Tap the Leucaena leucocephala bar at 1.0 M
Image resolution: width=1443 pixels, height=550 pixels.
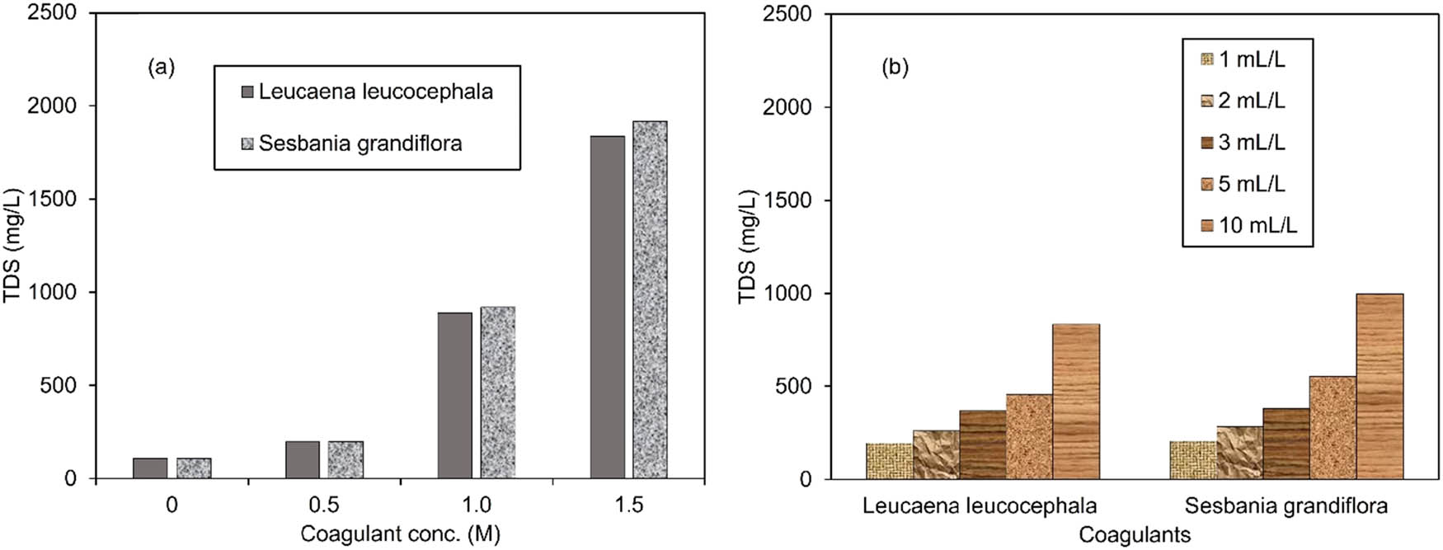[x=454, y=395]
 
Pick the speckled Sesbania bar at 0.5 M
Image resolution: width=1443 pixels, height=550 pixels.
[x=345, y=459]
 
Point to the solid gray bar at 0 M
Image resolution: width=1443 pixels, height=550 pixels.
[x=150, y=468]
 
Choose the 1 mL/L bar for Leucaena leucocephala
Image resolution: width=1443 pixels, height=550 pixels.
[x=889, y=461]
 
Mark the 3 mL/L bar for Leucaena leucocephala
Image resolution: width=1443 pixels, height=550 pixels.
[x=982, y=444]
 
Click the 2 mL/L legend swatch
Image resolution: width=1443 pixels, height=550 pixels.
[x=1207, y=101]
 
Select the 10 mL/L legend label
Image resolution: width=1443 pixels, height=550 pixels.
[x=1257, y=225]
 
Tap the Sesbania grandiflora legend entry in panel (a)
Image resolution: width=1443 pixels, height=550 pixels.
[x=360, y=143]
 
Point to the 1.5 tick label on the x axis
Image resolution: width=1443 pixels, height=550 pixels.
[x=628, y=505]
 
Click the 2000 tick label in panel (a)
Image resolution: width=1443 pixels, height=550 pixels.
[x=51, y=106]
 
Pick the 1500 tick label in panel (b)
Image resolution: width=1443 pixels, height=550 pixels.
[x=787, y=200]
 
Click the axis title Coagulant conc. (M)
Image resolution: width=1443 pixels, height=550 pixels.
[x=400, y=534]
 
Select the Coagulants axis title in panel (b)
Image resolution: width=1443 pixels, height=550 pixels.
[x=1135, y=534]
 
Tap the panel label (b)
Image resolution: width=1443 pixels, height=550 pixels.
[x=895, y=68]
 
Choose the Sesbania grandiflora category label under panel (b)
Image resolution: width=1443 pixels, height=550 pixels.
[x=1286, y=505]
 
